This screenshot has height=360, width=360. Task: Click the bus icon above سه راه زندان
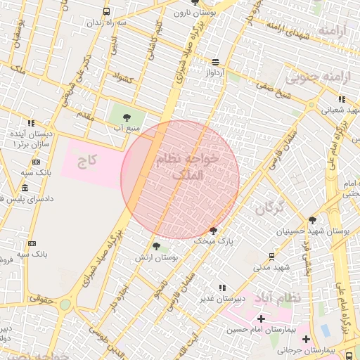click(106, 11)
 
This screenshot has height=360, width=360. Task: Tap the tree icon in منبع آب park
click(127, 117)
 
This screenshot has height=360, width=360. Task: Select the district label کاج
click(87, 161)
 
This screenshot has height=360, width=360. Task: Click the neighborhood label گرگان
click(269, 207)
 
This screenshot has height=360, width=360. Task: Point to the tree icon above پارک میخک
click(214, 230)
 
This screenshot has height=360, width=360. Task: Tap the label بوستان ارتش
click(160, 258)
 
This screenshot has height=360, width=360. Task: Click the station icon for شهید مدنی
click(272, 256)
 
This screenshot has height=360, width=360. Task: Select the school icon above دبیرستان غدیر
click(222, 288)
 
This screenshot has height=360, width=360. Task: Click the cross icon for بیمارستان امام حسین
click(261, 319)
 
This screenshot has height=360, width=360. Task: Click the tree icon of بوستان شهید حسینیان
click(313, 220)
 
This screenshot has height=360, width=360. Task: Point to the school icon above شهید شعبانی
click(342, 99)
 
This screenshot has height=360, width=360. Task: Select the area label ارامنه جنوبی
click(323, 75)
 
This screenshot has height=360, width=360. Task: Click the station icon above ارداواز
click(214, 61)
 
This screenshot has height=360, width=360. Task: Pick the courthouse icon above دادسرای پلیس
click(25, 188)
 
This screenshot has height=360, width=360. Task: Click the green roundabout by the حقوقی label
click(65, 304)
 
